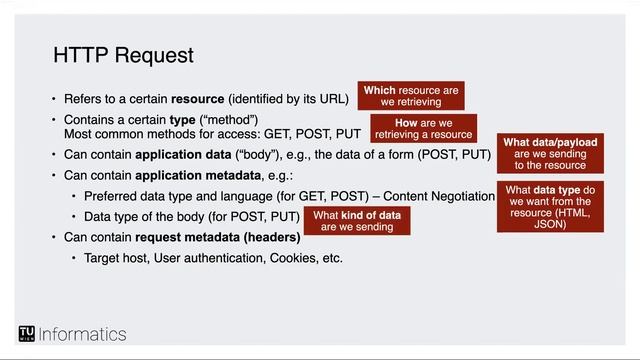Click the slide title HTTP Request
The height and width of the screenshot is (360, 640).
click(x=123, y=54)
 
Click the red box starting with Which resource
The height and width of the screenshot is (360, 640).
click(x=411, y=96)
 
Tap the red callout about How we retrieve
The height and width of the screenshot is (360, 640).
click(x=423, y=129)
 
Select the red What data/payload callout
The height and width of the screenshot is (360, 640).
click(x=550, y=154)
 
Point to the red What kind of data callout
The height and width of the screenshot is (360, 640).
click(x=357, y=221)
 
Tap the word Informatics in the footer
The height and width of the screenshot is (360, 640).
click(x=83, y=334)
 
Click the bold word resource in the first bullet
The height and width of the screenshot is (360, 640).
click(x=198, y=100)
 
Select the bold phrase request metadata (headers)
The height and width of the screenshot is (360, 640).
click(x=217, y=238)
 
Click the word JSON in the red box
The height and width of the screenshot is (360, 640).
click(x=550, y=225)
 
